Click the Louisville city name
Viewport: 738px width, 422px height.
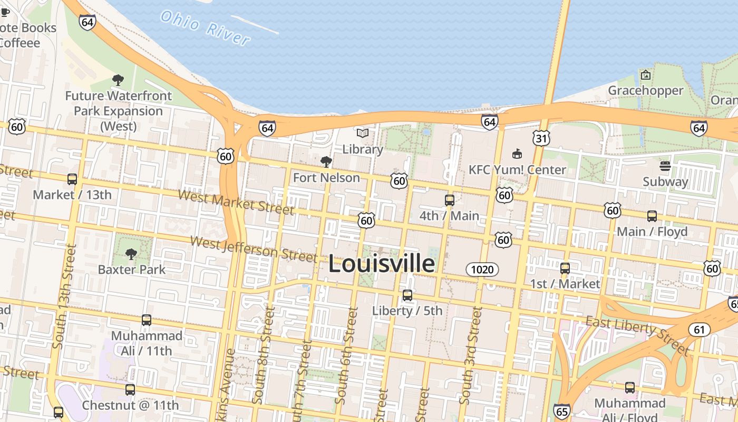click(382, 264)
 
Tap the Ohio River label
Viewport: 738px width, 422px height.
click(205, 28)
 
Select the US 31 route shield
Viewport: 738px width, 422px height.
click(541, 138)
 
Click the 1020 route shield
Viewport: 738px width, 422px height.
click(482, 270)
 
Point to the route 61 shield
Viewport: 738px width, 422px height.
click(699, 330)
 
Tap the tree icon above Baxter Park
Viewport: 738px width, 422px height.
click(131, 255)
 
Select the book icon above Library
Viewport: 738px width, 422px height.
click(362, 133)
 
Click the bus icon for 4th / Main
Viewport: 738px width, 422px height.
click(450, 200)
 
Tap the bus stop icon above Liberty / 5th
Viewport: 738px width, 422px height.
click(407, 295)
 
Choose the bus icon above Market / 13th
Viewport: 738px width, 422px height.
click(72, 179)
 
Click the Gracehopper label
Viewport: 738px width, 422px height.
click(645, 91)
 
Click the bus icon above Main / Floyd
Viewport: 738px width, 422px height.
click(652, 216)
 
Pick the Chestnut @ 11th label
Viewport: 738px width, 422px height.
click(130, 405)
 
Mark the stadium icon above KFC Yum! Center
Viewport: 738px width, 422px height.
click(517, 154)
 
